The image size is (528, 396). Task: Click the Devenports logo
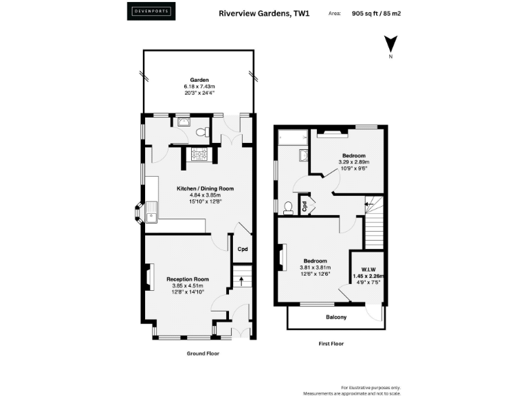(x=151, y=12)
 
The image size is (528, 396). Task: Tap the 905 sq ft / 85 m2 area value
(x=377, y=12)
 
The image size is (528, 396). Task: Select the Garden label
(x=199, y=79)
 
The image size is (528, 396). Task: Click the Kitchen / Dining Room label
(x=205, y=188)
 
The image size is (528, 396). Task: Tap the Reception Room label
(x=187, y=279)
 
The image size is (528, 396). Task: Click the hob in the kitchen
(x=199, y=154)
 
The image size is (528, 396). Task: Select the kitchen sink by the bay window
(x=151, y=213)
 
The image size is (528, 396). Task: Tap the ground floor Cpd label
(x=242, y=250)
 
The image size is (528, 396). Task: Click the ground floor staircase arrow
(x=241, y=280)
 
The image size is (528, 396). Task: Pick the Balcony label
(x=335, y=317)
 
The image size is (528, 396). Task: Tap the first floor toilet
(x=287, y=208)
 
